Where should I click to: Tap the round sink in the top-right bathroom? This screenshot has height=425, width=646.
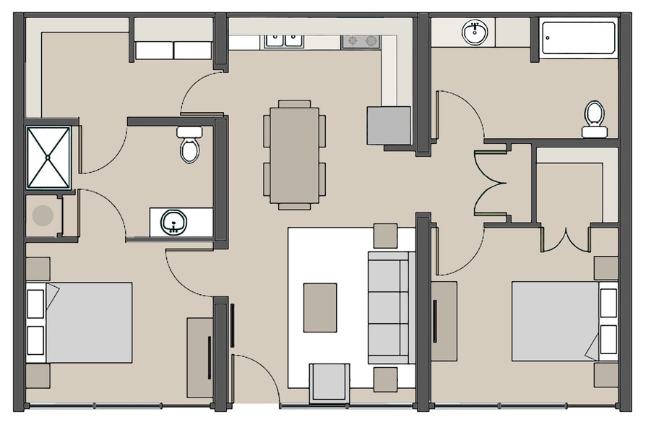(x=475, y=32)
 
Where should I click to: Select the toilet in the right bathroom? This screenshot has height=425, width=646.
(x=595, y=118)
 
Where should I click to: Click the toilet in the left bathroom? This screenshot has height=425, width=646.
(x=190, y=145)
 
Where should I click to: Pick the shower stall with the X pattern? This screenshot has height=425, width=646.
(x=48, y=157)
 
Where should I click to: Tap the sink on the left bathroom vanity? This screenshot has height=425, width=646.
(x=173, y=221)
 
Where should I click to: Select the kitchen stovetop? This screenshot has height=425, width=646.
(x=361, y=40)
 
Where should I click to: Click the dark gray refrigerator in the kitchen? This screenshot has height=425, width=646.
(x=388, y=125)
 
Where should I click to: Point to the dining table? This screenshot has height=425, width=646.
(x=294, y=155)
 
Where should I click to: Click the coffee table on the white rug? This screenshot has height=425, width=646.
(x=320, y=307)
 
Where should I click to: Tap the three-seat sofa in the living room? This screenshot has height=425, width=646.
(x=391, y=307)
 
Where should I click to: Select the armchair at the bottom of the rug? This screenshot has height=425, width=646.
(x=329, y=382)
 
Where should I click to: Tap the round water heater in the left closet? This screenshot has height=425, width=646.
(x=43, y=215)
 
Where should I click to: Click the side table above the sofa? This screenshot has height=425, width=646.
(x=385, y=236)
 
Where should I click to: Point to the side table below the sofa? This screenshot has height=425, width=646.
(x=385, y=379)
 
